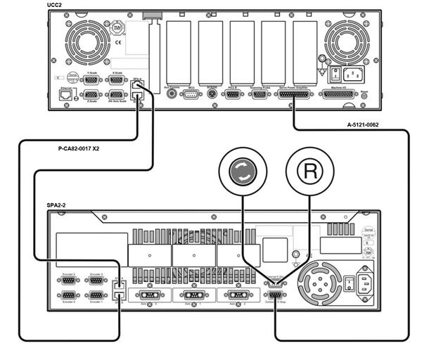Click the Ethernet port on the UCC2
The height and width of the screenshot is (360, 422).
(x=65, y=94)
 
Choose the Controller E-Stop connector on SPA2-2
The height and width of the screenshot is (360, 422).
(x=275, y=296)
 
